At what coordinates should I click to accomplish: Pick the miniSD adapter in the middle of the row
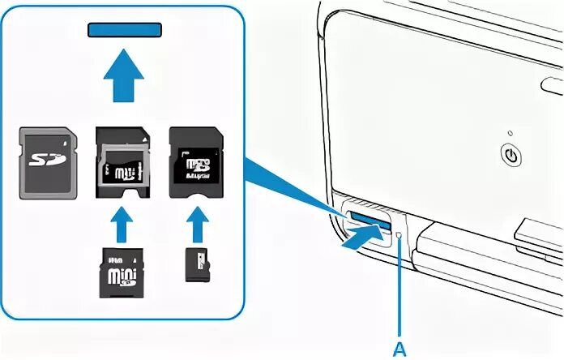124,161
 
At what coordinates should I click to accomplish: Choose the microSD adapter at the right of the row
195,161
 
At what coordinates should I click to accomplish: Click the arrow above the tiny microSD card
194,224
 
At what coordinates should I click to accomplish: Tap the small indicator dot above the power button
511,133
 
